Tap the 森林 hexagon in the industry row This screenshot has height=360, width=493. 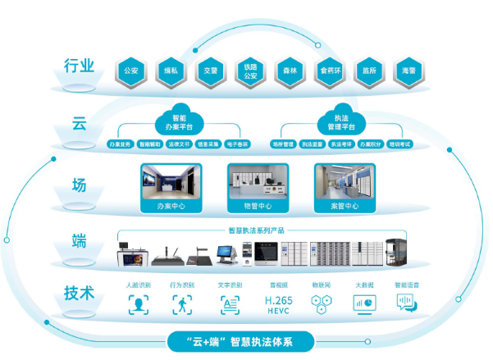[x=288, y=70]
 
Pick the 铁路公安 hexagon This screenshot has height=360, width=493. [x=249, y=70]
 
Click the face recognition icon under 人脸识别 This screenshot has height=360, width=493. [x=139, y=304]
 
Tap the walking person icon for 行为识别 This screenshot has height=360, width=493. [x=183, y=304]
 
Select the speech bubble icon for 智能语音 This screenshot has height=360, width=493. [x=406, y=304]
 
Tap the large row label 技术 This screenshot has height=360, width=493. [x=79, y=293]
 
